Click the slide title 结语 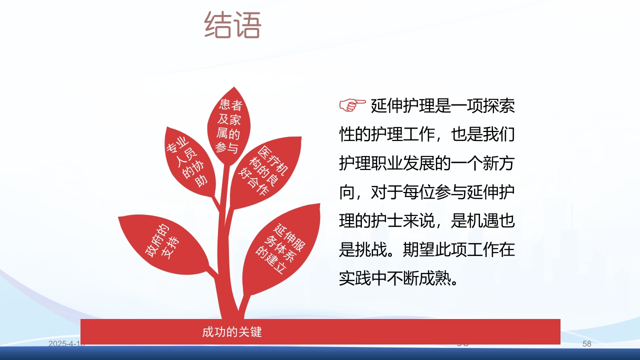point(233,25)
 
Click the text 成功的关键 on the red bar point(232,332)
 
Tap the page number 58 point(587,344)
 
